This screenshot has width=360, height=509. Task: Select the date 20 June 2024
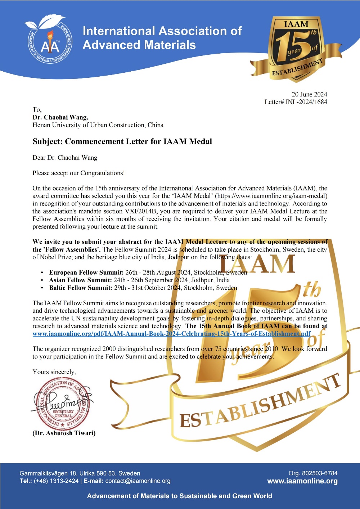point(309,94)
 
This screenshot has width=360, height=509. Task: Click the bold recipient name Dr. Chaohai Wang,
point(60,117)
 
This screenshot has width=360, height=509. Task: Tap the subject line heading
point(122,141)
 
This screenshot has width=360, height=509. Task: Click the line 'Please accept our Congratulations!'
point(78,173)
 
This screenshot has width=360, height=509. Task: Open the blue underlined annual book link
point(171,334)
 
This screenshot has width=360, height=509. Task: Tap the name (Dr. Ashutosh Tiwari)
point(64,433)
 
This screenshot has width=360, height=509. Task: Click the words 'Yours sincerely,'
point(54,372)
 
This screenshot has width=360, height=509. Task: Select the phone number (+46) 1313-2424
point(56,481)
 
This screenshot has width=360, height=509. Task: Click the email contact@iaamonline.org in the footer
point(138,481)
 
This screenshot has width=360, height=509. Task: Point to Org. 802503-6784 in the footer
point(313,473)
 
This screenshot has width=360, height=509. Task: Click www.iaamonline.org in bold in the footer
point(302,481)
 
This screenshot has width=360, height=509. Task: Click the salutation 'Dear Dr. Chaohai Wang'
point(65,158)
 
